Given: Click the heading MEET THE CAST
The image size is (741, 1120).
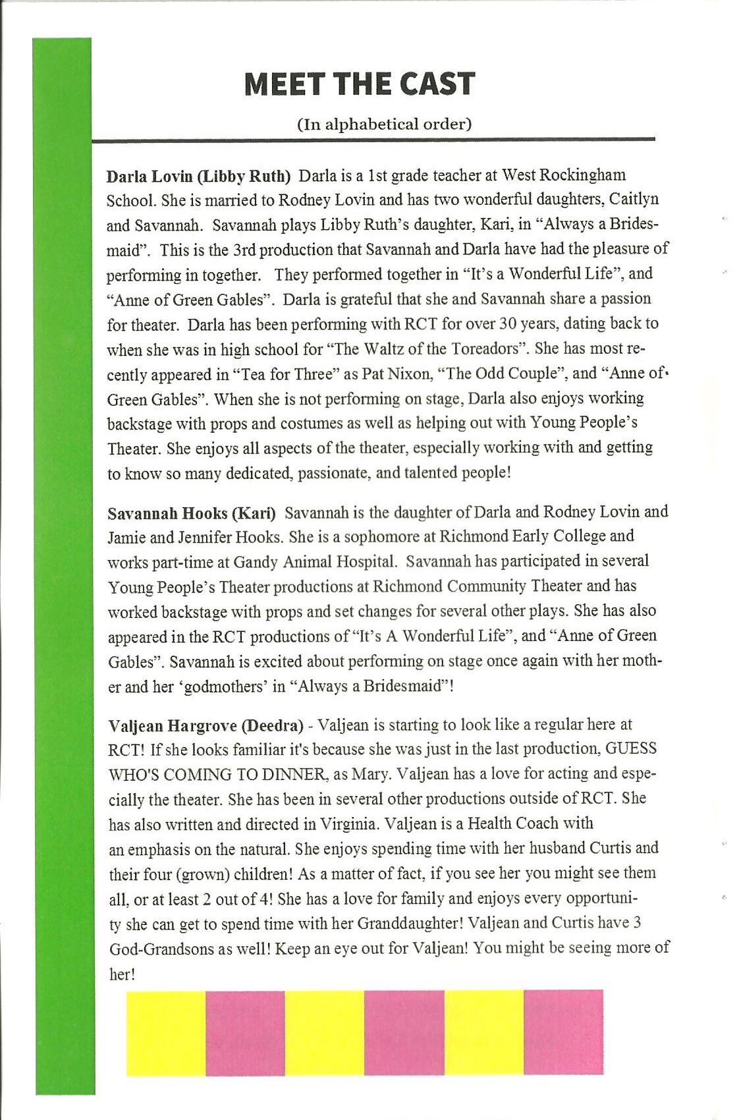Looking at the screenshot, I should tap(359, 84).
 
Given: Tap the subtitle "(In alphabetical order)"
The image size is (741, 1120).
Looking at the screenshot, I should tap(385, 124).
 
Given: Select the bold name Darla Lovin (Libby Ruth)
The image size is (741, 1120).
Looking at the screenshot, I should tap(198, 177).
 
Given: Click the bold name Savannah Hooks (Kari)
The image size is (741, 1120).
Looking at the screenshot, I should tap(192, 513).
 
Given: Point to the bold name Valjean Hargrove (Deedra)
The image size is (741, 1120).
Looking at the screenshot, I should tap(206, 726).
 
